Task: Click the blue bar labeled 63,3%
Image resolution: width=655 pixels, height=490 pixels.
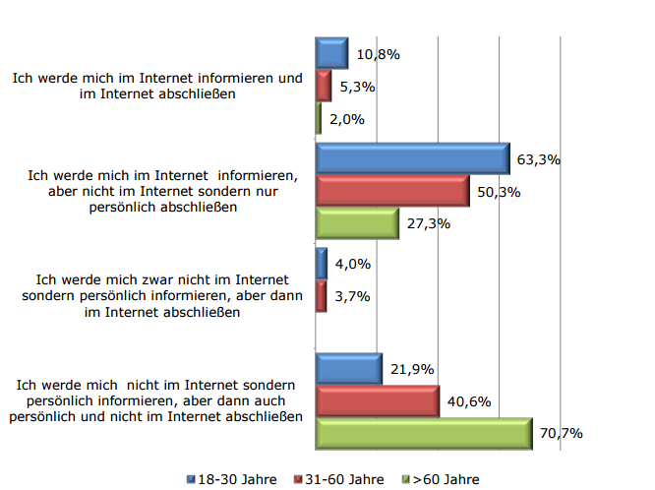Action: pyautogui.click(x=412, y=158)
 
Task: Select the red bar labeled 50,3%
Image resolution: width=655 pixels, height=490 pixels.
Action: pyautogui.click(x=392, y=191)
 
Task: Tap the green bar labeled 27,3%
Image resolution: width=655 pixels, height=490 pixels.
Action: pyautogui.click(x=356, y=223)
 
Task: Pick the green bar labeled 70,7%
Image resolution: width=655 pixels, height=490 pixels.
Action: pyautogui.click(x=424, y=433)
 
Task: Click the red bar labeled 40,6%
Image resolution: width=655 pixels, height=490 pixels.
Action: pyautogui.click(x=377, y=400)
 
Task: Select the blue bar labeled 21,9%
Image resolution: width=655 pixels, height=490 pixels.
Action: pyautogui.click(x=348, y=368)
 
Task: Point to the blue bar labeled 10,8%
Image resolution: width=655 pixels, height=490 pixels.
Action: pyautogui.click(x=331, y=53)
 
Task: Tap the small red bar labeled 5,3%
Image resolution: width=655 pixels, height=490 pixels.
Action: pyautogui.click(x=323, y=86)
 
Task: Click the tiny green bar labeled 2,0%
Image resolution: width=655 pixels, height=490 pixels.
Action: pyautogui.click(x=318, y=118)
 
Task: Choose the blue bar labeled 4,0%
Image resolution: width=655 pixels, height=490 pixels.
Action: pyautogui.click(x=321, y=263)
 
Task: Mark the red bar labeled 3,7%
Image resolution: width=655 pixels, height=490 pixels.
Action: pyautogui.click(x=321, y=295)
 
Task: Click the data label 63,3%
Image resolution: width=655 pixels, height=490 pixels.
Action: pyautogui.click(x=537, y=159)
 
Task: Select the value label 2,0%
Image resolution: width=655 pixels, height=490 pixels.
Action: pyautogui.click(x=347, y=119)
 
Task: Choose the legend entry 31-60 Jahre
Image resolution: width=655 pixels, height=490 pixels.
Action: pyautogui.click(x=338, y=479)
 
